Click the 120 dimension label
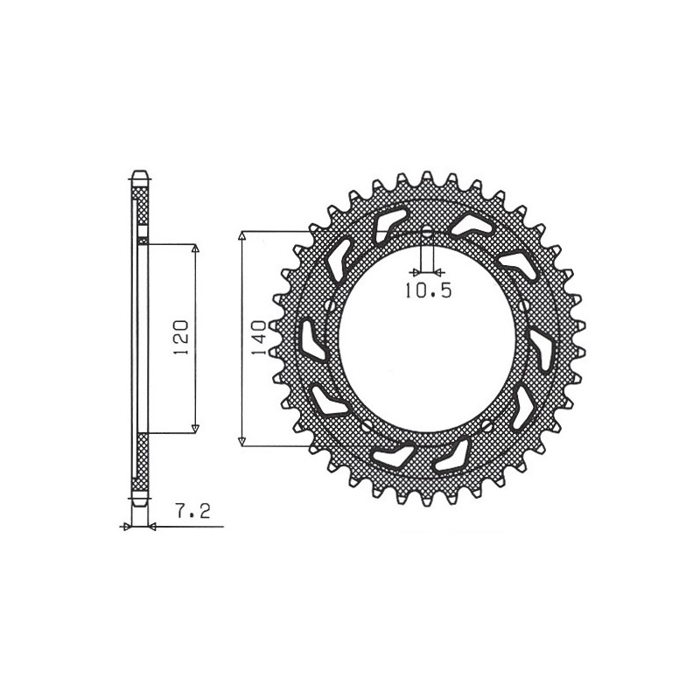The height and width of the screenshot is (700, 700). (x=180, y=336)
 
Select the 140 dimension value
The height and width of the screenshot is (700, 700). (x=256, y=337)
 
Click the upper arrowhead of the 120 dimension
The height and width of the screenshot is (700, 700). (x=194, y=249)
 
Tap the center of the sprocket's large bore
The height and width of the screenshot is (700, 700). (x=426, y=339)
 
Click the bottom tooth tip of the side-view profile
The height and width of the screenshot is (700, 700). (x=140, y=506)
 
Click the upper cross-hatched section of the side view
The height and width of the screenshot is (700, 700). (x=140, y=206)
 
